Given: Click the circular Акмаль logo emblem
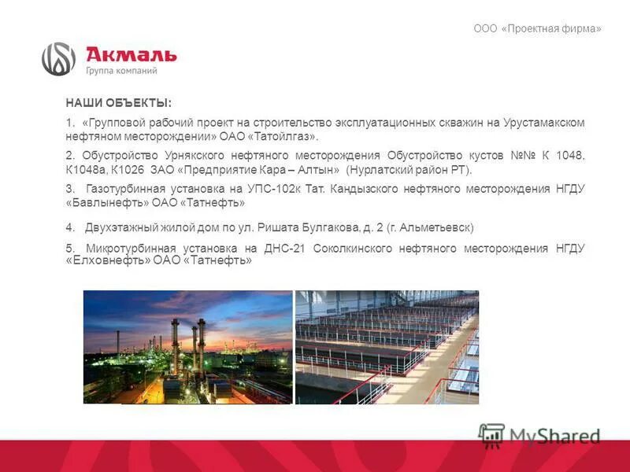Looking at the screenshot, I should pyautogui.click(x=58, y=59).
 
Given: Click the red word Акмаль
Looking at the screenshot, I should pyautogui.click(x=131, y=55).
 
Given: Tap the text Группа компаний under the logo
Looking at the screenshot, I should pyautogui.click(x=121, y=71).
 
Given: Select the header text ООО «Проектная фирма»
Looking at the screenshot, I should pyautogui.click(x=537, y=29).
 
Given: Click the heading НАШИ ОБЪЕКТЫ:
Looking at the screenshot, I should pyautogui.click(x=118, y=104).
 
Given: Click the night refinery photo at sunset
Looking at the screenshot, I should pyautogui.click(x=187, y=347).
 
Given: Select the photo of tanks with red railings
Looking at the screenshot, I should pyautogui.click(x=387, y=347).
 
